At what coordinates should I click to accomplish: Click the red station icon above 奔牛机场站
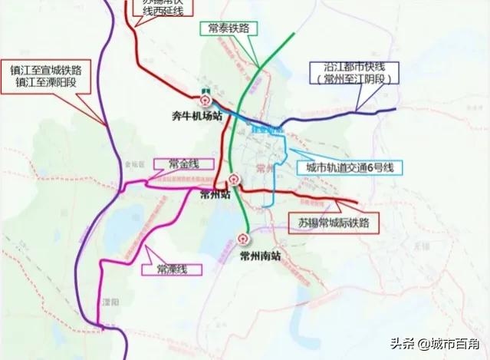click(x=204, y=100)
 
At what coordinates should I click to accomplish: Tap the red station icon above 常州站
click(x=234, y=180)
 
